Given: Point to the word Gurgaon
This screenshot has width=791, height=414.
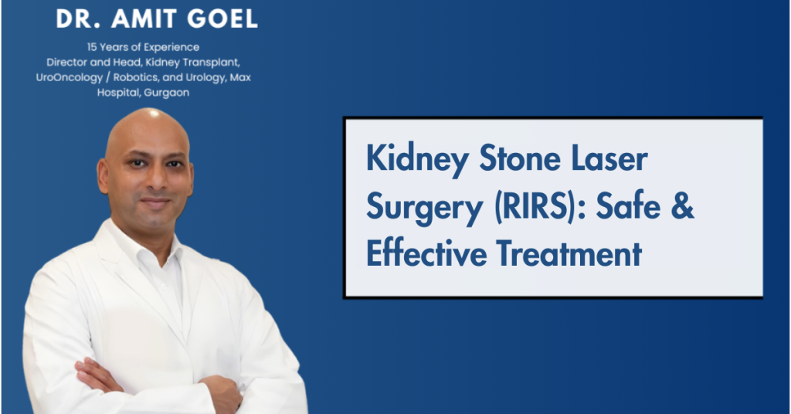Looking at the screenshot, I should click(x=164, y=92).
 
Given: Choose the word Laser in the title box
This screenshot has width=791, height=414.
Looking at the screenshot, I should click(x=609, y=161).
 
